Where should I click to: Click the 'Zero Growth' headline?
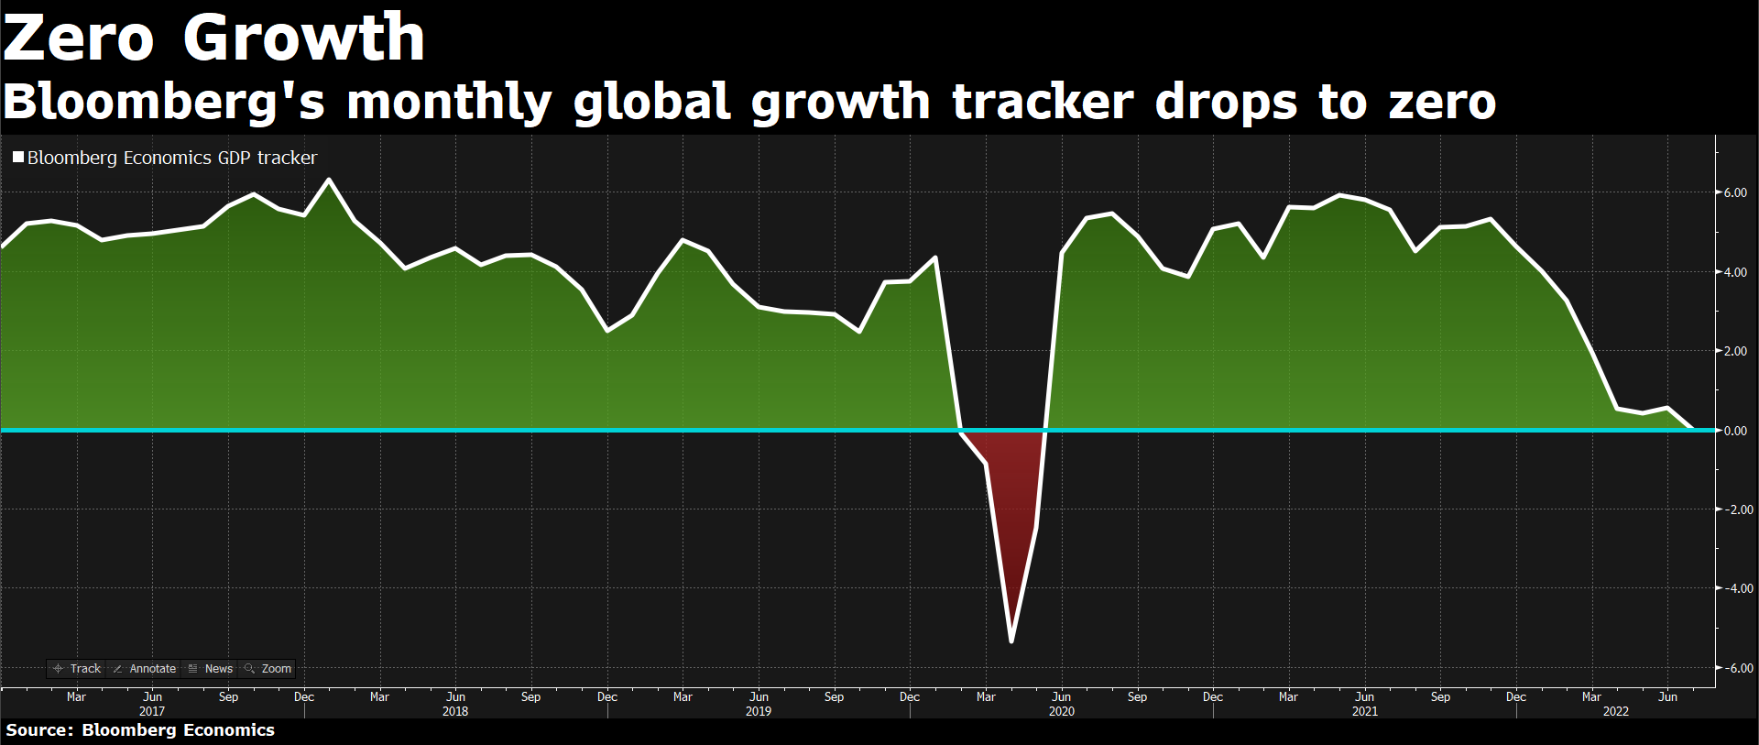(x=213, y=38)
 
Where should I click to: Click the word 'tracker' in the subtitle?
(x=1043, y=102)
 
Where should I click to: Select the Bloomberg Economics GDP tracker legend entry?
(x=171, y=158)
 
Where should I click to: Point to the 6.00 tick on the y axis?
(x=1734, y=192)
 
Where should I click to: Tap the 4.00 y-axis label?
(x=1734, y=272)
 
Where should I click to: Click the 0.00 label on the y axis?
(x=1734, y=431)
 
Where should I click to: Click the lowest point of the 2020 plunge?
(x=1011, y=641)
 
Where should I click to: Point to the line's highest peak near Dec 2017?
(x=329, y=180)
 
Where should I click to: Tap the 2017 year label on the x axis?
(x=152, y=711)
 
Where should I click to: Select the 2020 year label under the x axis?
(x=1061, y=711)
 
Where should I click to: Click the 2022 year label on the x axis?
(x=1615, y=711)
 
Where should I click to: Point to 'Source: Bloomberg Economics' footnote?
(x=140, y=730)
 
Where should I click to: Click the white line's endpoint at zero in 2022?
(x=1691, y=429)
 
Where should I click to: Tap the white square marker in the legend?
(x=17, y=158)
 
